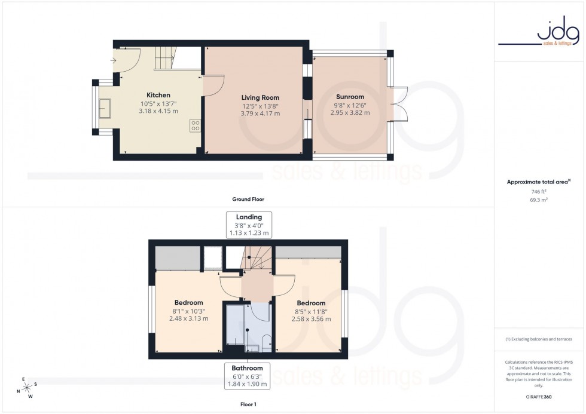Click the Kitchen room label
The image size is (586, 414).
pyautogui.click(x=158, y=95)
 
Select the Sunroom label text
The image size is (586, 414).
pyautogui.click(x=350, y=97)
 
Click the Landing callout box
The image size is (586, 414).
pyautogui.click(x=249, y=225)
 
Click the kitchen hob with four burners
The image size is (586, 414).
pyautogui.click(x=195, y=125)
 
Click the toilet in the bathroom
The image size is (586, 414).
pyautogui.click(x=267, y=343)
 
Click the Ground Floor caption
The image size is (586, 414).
pyautogui.click(x=248, y=199)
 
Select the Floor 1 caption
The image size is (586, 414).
pyautogui.click(x=248, y=404)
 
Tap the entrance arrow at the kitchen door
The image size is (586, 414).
pyautogui.click(x=114, y=60)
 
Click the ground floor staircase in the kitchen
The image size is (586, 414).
pyautogui.click(x=167, y=59)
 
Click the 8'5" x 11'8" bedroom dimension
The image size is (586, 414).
pyautogui.click(x=311, y=311)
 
